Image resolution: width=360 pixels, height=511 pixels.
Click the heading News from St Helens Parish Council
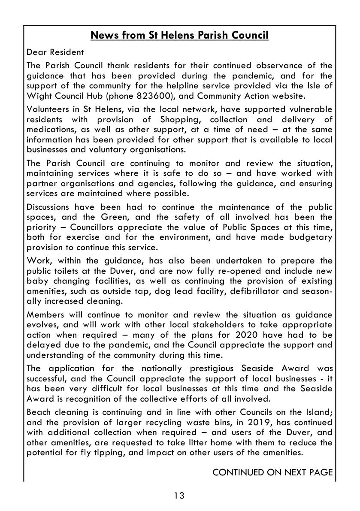click(179, 35)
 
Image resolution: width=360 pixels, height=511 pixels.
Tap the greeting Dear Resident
click(55, 53)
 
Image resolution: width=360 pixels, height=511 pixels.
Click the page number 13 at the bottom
click(179, 496)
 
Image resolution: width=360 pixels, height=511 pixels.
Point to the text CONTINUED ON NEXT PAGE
click(272, 472)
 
